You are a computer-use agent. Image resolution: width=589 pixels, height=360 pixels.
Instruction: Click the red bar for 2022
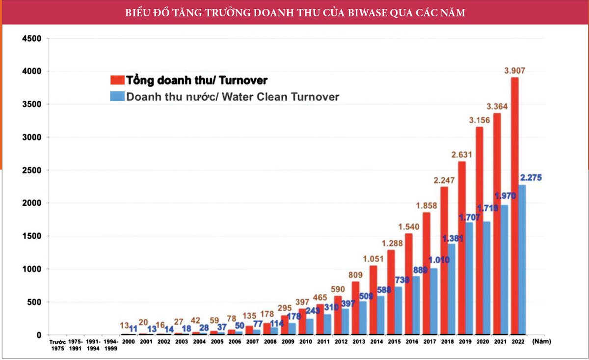[x=514, y=206]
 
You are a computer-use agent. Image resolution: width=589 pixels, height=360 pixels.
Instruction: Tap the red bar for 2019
[x=461, y=248]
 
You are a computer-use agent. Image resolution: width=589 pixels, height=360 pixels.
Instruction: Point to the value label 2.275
[x=530, y=177]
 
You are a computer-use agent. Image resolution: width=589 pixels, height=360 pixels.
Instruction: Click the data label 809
[x=355, y=276]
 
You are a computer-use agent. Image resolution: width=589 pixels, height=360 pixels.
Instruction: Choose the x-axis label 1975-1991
[x=76, y=345]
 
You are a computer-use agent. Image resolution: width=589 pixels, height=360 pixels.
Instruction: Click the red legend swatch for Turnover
[x=117, y=80]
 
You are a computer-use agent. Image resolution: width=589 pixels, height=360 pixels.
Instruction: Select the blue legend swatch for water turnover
[x=117, y=97]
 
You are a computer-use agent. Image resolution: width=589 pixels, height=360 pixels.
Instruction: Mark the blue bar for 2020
[x=486, y=278]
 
